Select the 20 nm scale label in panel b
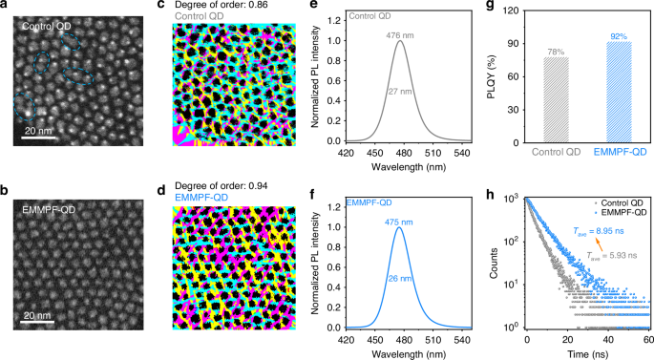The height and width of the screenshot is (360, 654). tap(38, 314)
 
